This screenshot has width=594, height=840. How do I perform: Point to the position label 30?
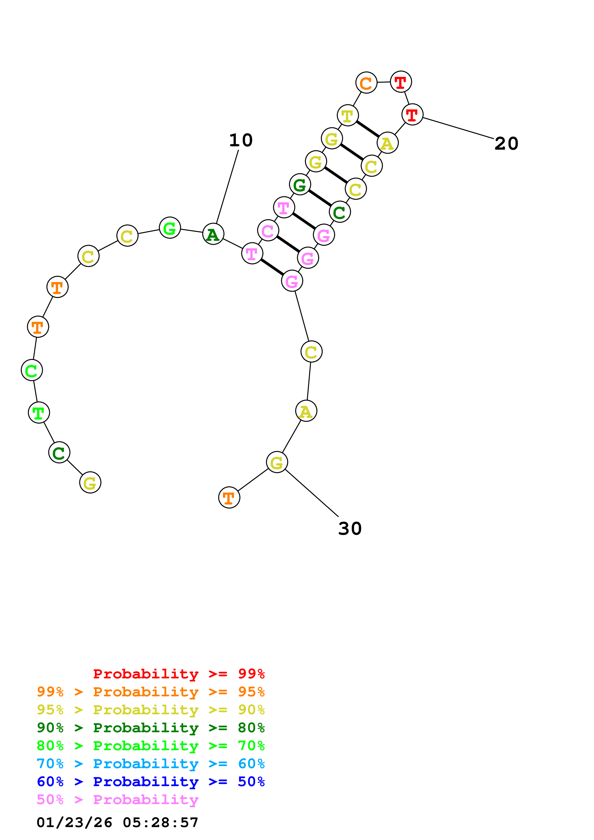coord(350,529)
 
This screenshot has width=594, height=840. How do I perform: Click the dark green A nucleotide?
coord(213,234)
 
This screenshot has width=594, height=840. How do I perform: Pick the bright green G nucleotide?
coord(170,228)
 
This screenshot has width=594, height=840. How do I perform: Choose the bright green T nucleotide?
coord(39,413)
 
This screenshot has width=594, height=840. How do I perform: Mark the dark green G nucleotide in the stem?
coord(300,185)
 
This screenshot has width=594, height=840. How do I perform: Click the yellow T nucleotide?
coord(347,116)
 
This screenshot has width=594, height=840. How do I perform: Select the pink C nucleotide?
coord(268,231)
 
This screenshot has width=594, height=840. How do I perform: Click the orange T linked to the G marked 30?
coord(229,498)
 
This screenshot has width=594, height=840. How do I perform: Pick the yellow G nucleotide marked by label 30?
coord(277,462)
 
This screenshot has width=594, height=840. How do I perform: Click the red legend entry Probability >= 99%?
coord(179,674)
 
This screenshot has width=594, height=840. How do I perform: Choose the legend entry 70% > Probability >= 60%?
coord(150,764)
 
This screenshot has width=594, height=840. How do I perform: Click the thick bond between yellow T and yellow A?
coord(368,129)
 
